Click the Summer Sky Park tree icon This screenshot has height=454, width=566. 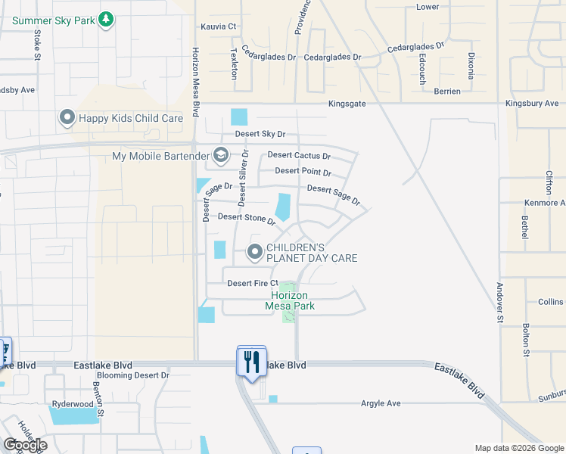tap(107, 19)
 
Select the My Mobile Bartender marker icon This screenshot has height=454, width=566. tap(221, 156)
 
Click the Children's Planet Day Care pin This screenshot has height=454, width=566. tap(256, 251)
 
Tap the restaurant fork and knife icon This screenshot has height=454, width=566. tap(252, 361)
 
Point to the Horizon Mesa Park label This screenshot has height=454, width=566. tap(290, 300)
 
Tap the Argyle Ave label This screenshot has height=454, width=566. tap(380, 403)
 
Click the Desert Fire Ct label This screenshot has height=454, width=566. tap(253, 283)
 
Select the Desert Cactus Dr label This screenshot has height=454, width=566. tap(299, 157)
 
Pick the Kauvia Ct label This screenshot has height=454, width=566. tap(219, 26)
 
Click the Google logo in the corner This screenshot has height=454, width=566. tap(25, 445)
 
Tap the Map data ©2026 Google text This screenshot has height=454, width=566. tap(519, 448)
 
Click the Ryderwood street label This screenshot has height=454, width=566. tap(73, 404)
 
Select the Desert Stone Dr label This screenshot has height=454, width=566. tap(246, 218)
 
